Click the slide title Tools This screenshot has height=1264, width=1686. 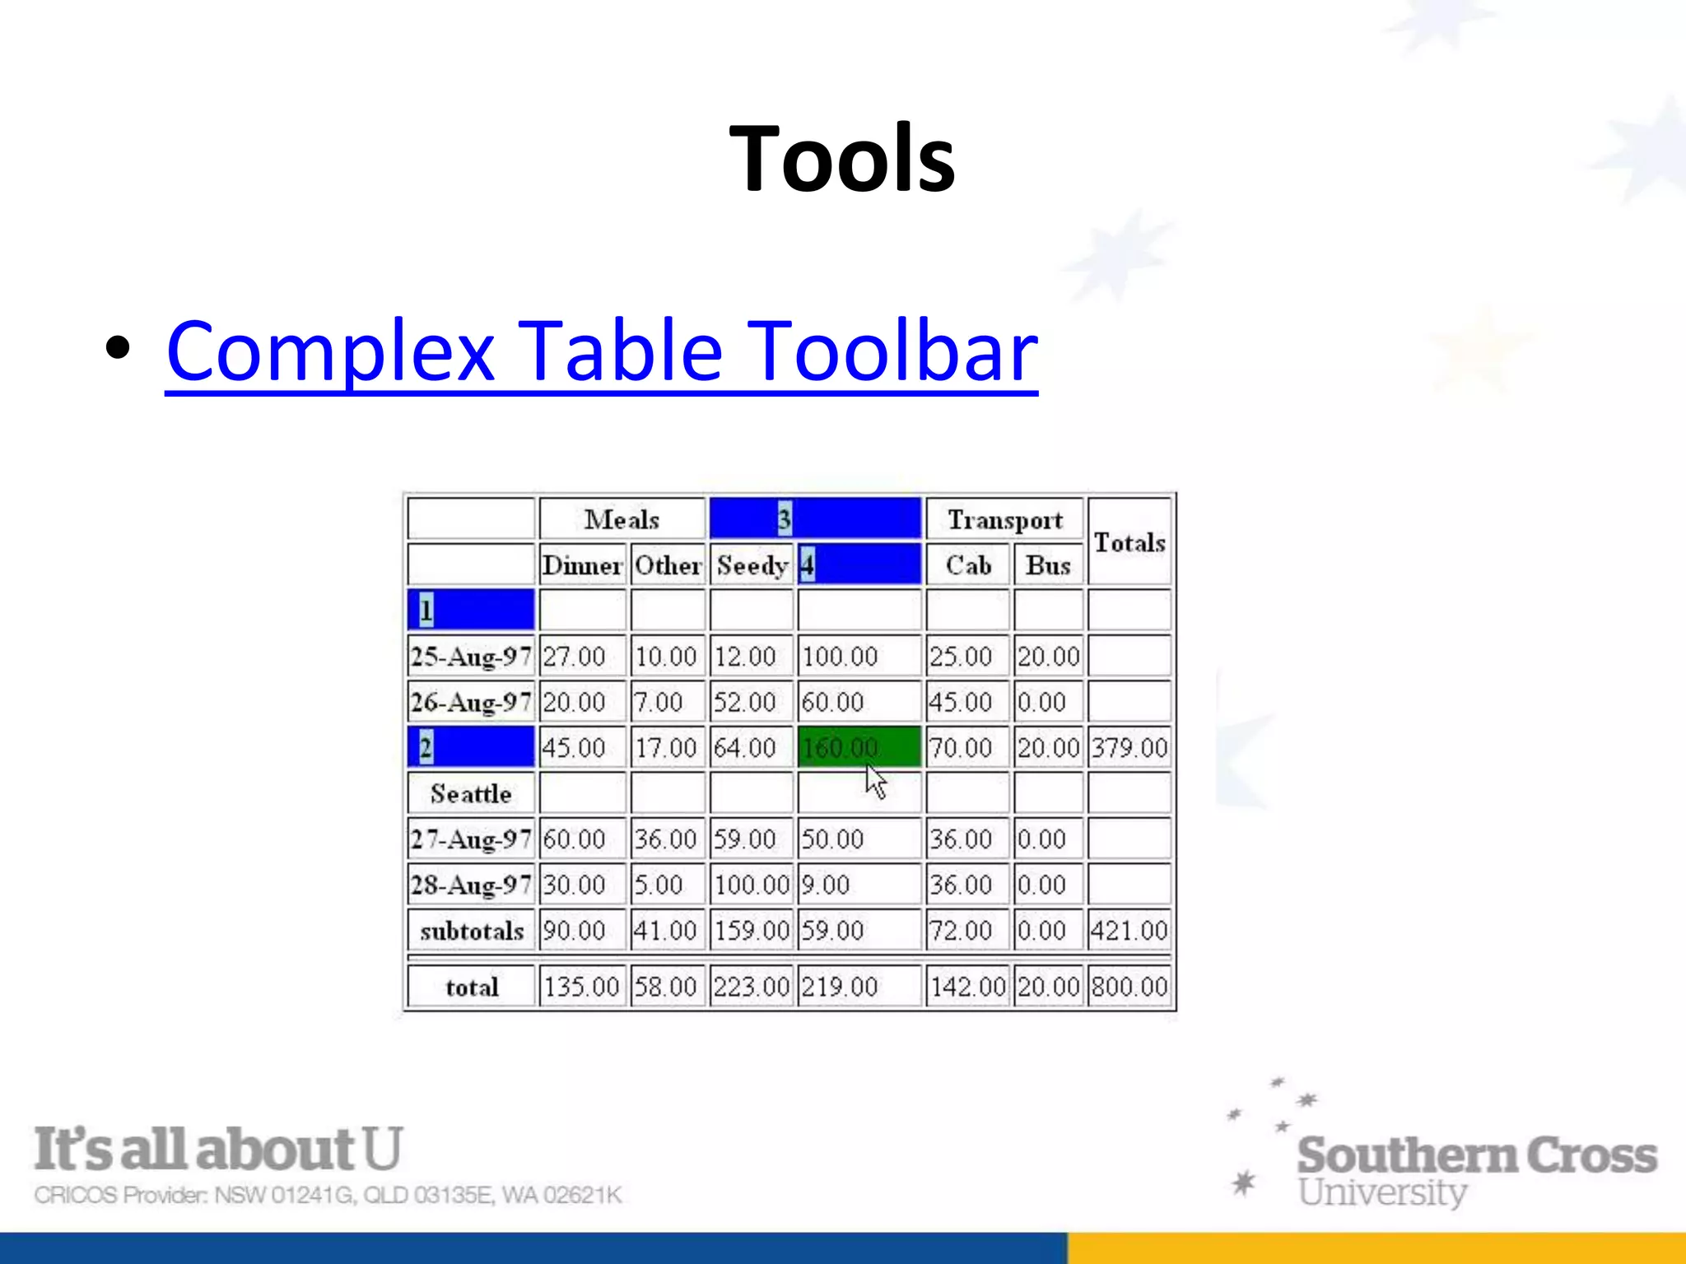(841, 158)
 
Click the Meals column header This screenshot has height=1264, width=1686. (622, 519)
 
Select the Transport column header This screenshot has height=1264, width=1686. (1004, 519)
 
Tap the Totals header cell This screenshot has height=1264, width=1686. (1129, 542)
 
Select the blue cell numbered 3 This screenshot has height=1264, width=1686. (814, 518)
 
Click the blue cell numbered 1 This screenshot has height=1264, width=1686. (470, 610)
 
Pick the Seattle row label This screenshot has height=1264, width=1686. (470, 793)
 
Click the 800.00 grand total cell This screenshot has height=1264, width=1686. (1129, 986)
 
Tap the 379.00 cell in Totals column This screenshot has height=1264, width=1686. (1129, 747)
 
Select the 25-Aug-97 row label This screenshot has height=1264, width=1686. (470, 656)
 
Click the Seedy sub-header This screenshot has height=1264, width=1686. (751, 565)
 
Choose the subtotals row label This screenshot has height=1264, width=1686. (470, 931)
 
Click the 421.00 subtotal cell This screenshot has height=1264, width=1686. (1129, 931)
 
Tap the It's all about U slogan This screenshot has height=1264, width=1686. (218, 1149)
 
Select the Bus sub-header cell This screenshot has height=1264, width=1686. (1047, 565)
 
